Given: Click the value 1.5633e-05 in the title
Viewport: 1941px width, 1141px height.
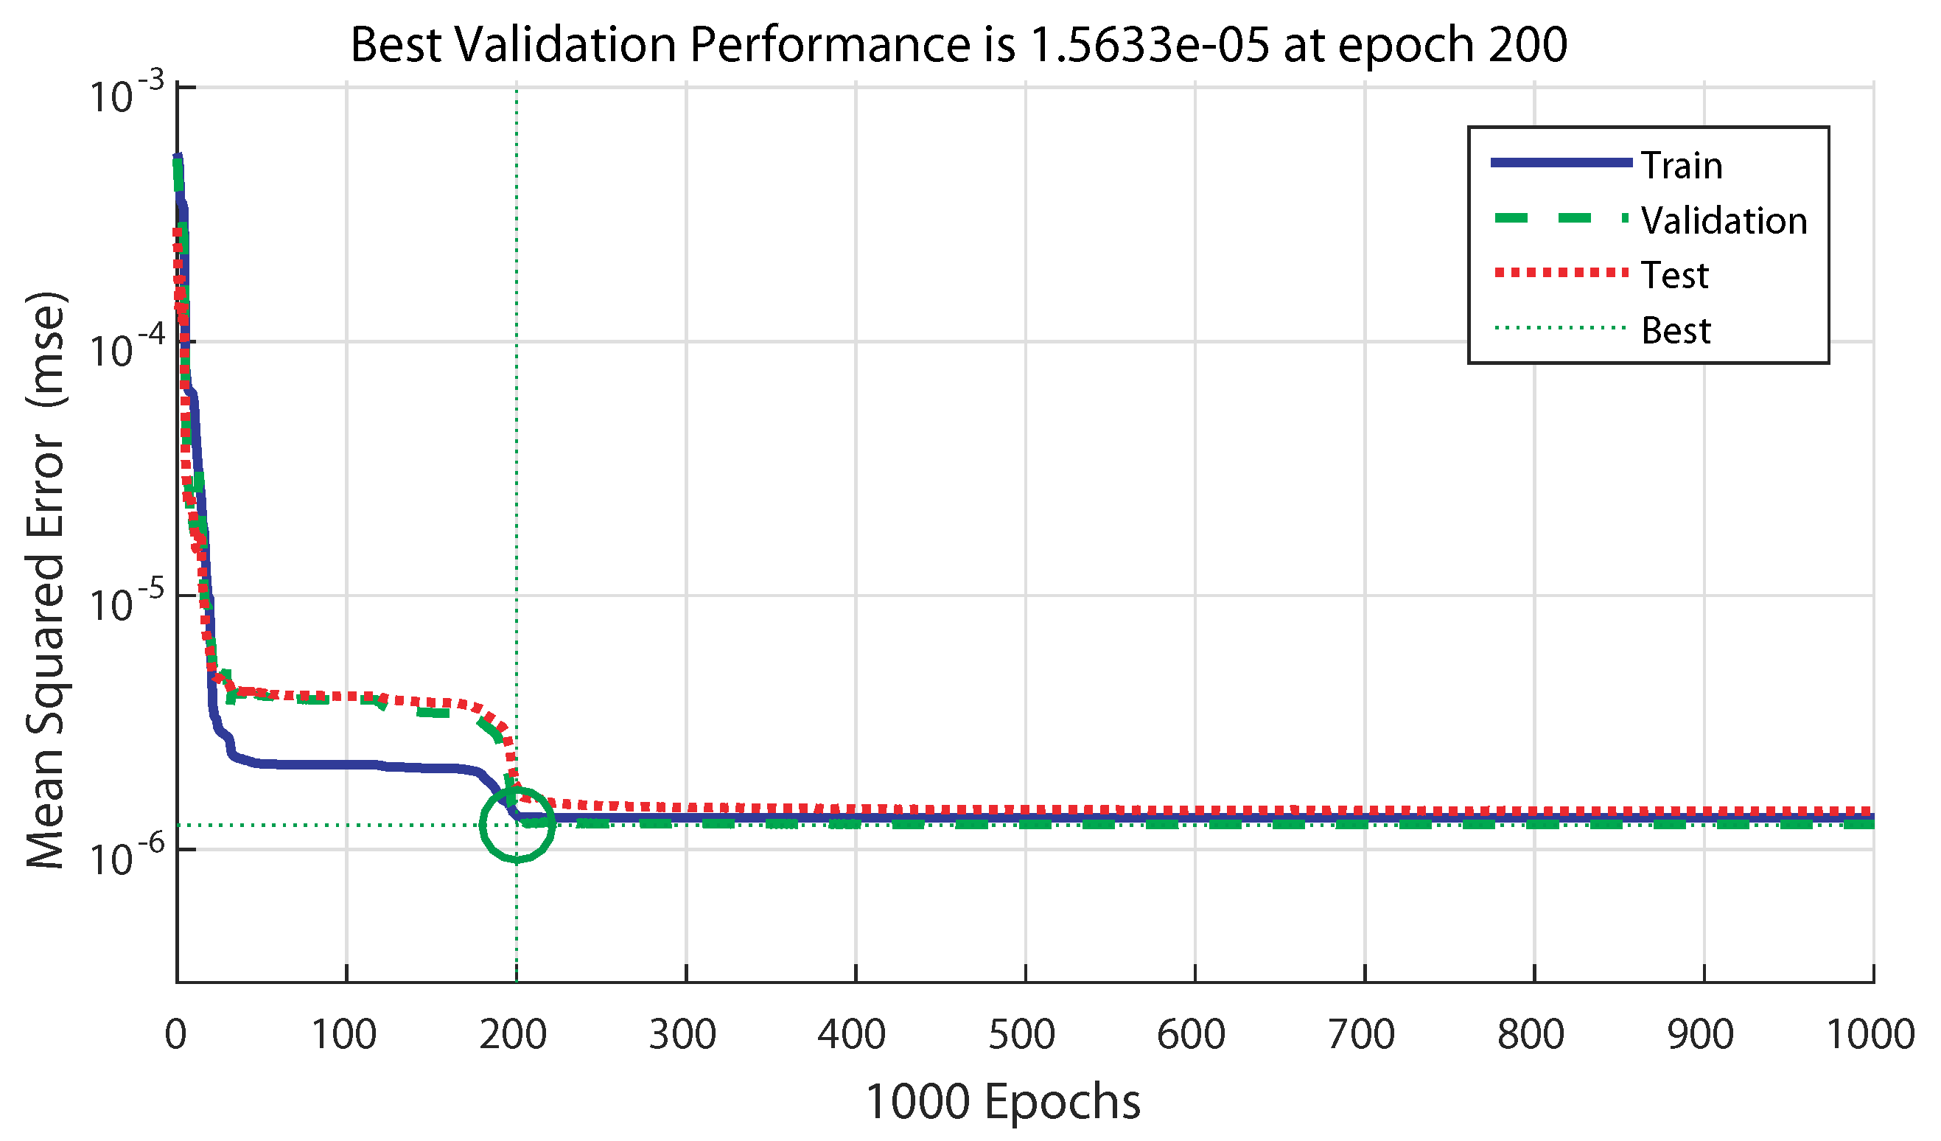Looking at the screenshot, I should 1148,45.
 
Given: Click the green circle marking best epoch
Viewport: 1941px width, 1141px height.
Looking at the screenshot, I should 517,825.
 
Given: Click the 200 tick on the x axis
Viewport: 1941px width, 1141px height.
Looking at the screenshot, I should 513,1035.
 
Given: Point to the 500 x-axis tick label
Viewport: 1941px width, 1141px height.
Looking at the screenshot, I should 1022,1035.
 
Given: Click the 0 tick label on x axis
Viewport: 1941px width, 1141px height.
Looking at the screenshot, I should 175,1035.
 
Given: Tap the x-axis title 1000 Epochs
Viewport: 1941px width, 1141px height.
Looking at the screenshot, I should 1003,1102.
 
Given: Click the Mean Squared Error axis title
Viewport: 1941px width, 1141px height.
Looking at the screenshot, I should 46,582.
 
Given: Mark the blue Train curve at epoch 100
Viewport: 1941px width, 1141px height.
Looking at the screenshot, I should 346,764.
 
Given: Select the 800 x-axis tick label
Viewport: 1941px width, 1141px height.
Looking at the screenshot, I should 1531,1035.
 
